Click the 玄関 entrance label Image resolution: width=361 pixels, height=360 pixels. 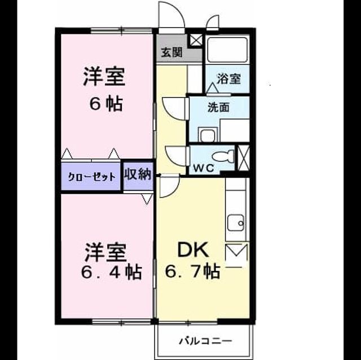point(171,52)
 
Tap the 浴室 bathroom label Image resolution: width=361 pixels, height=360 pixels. point(228,79)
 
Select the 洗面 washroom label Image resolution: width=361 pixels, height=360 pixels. point(218,107)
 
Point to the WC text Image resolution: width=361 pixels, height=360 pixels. point(204,168)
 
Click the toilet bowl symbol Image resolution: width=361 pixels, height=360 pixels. point(223,156)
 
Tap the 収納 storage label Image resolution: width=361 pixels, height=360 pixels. point(138,174)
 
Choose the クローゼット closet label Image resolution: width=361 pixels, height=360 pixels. point(91,177)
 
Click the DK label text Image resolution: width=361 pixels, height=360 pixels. point(193,250)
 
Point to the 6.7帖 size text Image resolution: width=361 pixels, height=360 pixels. point(192,271)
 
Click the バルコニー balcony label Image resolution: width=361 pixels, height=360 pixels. point(205,341)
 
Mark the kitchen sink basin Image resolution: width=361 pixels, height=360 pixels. point(236,223)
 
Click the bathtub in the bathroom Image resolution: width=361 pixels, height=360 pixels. point(227,50)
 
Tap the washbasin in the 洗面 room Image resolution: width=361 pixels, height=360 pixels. point(208,135)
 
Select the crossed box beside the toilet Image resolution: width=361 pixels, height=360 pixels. point(244,158)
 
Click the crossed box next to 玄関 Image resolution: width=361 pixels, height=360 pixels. point(196,40)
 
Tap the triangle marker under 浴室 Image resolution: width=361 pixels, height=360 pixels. point(212,88)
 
